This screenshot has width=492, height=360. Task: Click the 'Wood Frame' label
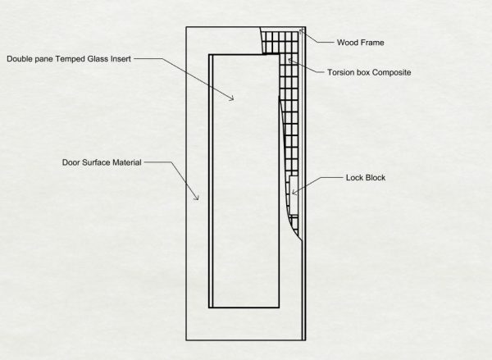(360, 43)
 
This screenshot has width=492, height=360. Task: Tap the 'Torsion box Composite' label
(369, 72)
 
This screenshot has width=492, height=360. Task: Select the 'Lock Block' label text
(366, 178)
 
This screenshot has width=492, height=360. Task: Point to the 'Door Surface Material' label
(102, 162)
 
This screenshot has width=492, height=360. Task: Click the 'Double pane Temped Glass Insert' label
(69, 59)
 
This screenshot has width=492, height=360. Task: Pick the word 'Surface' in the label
(96, 162)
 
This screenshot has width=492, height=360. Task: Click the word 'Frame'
(373, 43)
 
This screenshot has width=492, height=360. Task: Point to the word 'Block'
(376, 178)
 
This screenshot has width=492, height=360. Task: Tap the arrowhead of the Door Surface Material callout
(198, 198)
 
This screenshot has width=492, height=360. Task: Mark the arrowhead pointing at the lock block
(293, 192)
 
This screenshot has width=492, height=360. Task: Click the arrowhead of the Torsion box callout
(290, 60)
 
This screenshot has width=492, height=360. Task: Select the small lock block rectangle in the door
(294, 195)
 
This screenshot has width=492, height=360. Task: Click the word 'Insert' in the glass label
(121, 59)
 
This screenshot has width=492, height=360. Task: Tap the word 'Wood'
(348, 43)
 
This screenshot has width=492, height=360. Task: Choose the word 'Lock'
(354, 178)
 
